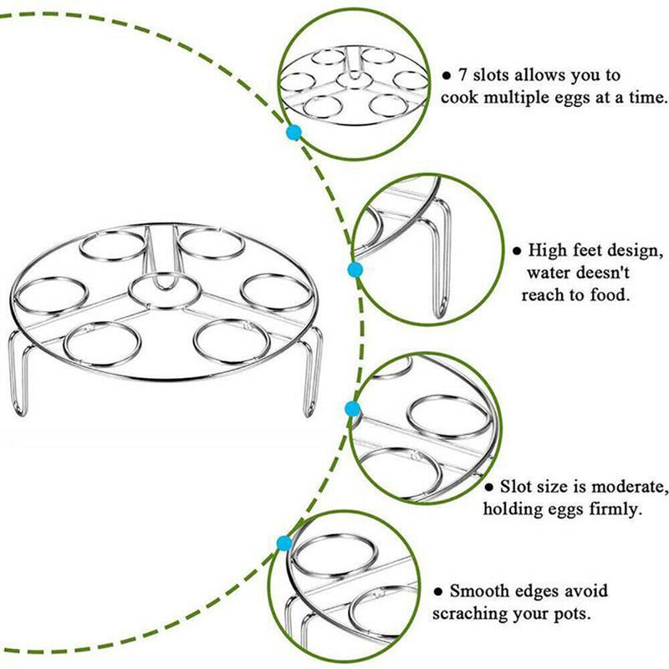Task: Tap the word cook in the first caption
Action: (462, 97)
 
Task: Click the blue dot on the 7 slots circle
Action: (293, 132)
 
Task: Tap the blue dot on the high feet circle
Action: (355, 270)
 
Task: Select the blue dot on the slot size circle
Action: (352, 409)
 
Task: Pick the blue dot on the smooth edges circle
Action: (284, 544)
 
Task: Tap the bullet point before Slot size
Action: (489, 487)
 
